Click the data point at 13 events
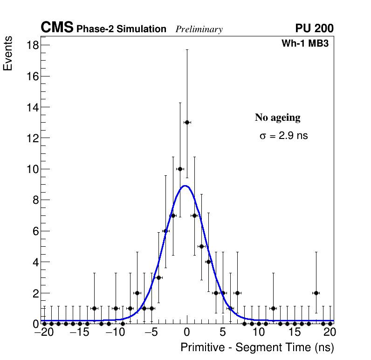click(x=187, y=122)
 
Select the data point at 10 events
click(x=180, y=169)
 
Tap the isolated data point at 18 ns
click(x=316, y=293)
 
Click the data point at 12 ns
click(x=273, y=308)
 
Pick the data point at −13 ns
click(x=94, y=308)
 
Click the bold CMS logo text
click(x=57, y=28)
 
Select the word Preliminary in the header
click(x=199, y=30)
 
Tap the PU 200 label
click(x=315, y=28)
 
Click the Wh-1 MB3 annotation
click(x=305, y=44)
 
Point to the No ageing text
click(x=278, y=118)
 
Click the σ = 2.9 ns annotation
click(x=283, y=136)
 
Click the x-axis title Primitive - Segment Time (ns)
click(x=257, y=347)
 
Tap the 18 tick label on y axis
click(x=33, y=45)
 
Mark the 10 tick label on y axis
click(x=33, y=169)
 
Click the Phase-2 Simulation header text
click(x=121, y=29)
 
